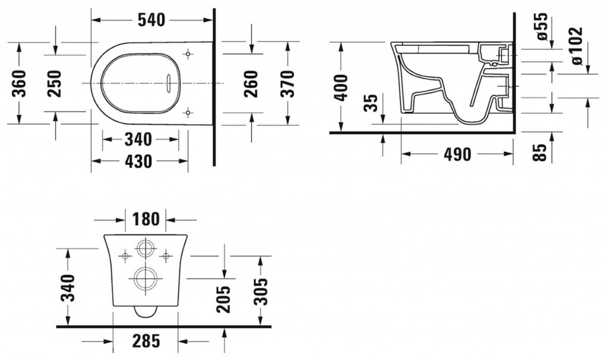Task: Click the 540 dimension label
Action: (x=151, y=20)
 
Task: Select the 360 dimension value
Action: (x=18, y=83)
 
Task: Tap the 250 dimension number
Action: (x=54, y=83)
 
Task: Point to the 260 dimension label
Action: (x=251, y=84)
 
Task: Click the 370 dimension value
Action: (x=287, y=84)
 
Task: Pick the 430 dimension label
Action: (x=138, y=161)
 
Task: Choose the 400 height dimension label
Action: (x=341, y=88)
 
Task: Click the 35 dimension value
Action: (x=371, y=103)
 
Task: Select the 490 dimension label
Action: (x=458, y=154)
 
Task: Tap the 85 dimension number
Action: (x=540, y=153)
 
